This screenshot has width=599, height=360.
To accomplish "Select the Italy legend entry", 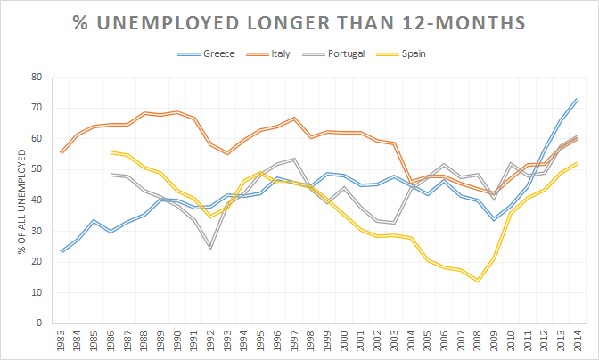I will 283,54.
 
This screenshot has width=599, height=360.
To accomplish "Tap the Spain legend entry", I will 413,54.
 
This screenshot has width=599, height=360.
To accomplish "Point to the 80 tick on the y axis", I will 37,77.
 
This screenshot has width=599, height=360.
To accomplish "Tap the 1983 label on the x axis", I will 61,341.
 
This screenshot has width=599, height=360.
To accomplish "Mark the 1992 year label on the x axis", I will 210,341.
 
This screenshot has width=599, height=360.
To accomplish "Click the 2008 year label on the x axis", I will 477,341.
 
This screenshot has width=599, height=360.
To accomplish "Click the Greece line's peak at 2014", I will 577,99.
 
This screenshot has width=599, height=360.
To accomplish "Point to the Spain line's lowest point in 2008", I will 477,281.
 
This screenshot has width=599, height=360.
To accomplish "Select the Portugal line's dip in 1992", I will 210,248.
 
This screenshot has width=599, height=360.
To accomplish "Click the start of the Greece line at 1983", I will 61,252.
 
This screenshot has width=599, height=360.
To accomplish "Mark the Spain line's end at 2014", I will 577,163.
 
